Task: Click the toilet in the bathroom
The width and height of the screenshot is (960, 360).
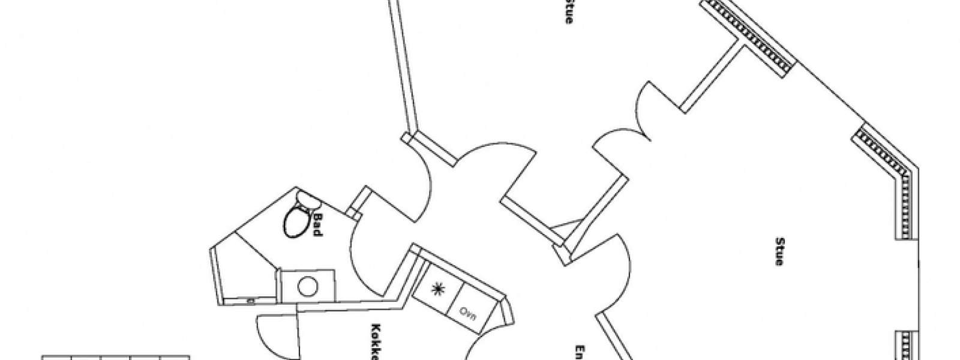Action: click(x=296, y=221)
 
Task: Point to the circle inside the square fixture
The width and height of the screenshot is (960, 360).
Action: click(x=308, y=287)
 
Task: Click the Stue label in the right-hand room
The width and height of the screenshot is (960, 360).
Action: click(x=779, y=252)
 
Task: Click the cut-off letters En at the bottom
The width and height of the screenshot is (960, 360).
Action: click(x=580, y=352)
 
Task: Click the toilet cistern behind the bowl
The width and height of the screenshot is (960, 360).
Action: click(x=307, y=199)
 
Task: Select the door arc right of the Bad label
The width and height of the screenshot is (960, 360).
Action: click(x=366, y=264)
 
